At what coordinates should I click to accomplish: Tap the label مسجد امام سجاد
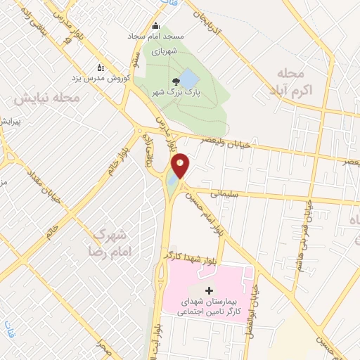(x=155, y=35)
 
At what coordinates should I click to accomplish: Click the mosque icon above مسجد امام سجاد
(x=155, y=27)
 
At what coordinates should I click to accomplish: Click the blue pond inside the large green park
(x=188, y=77)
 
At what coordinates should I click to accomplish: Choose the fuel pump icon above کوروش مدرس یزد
(x=100, y=68)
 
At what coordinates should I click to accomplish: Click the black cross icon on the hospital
(x=208, y=290)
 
